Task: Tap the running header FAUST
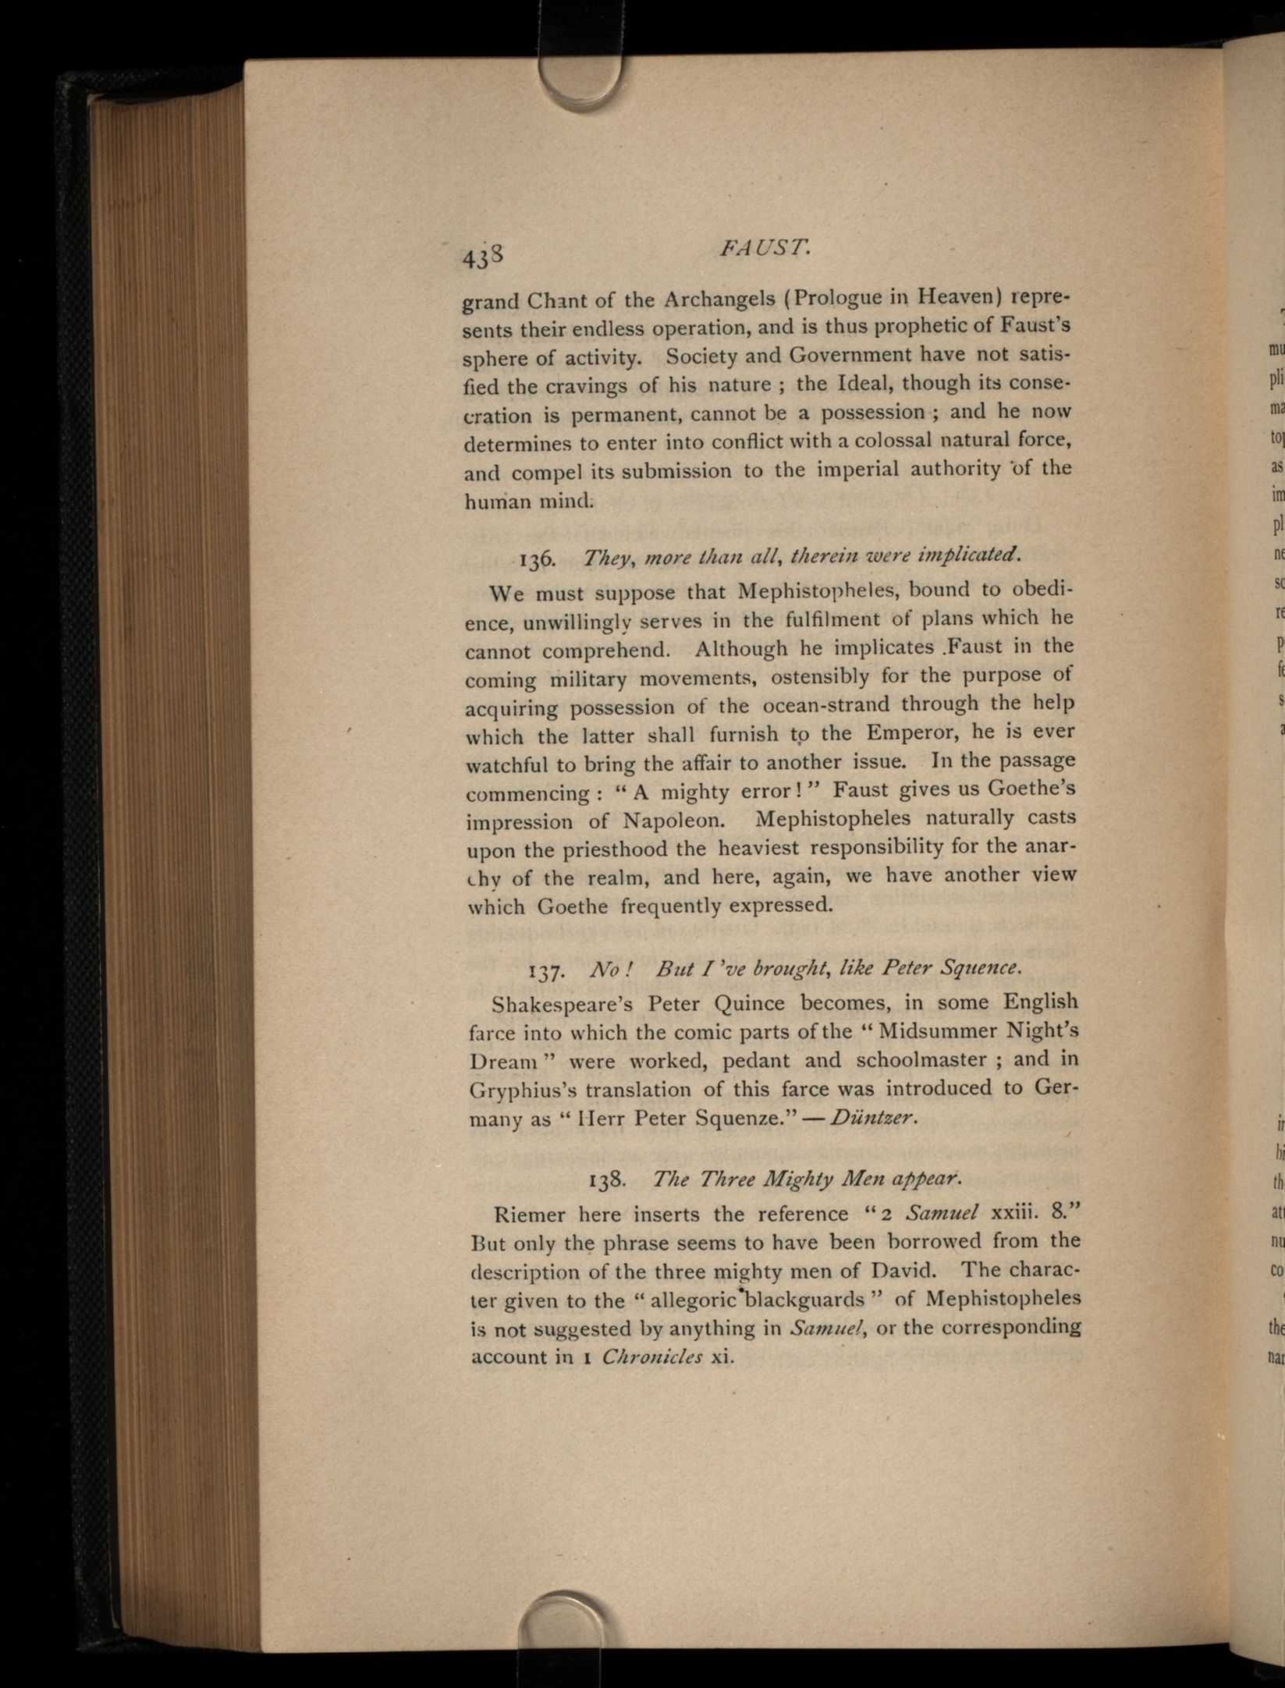[765, 249]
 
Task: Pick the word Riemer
[531, 1215]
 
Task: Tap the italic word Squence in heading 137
[980, 968]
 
